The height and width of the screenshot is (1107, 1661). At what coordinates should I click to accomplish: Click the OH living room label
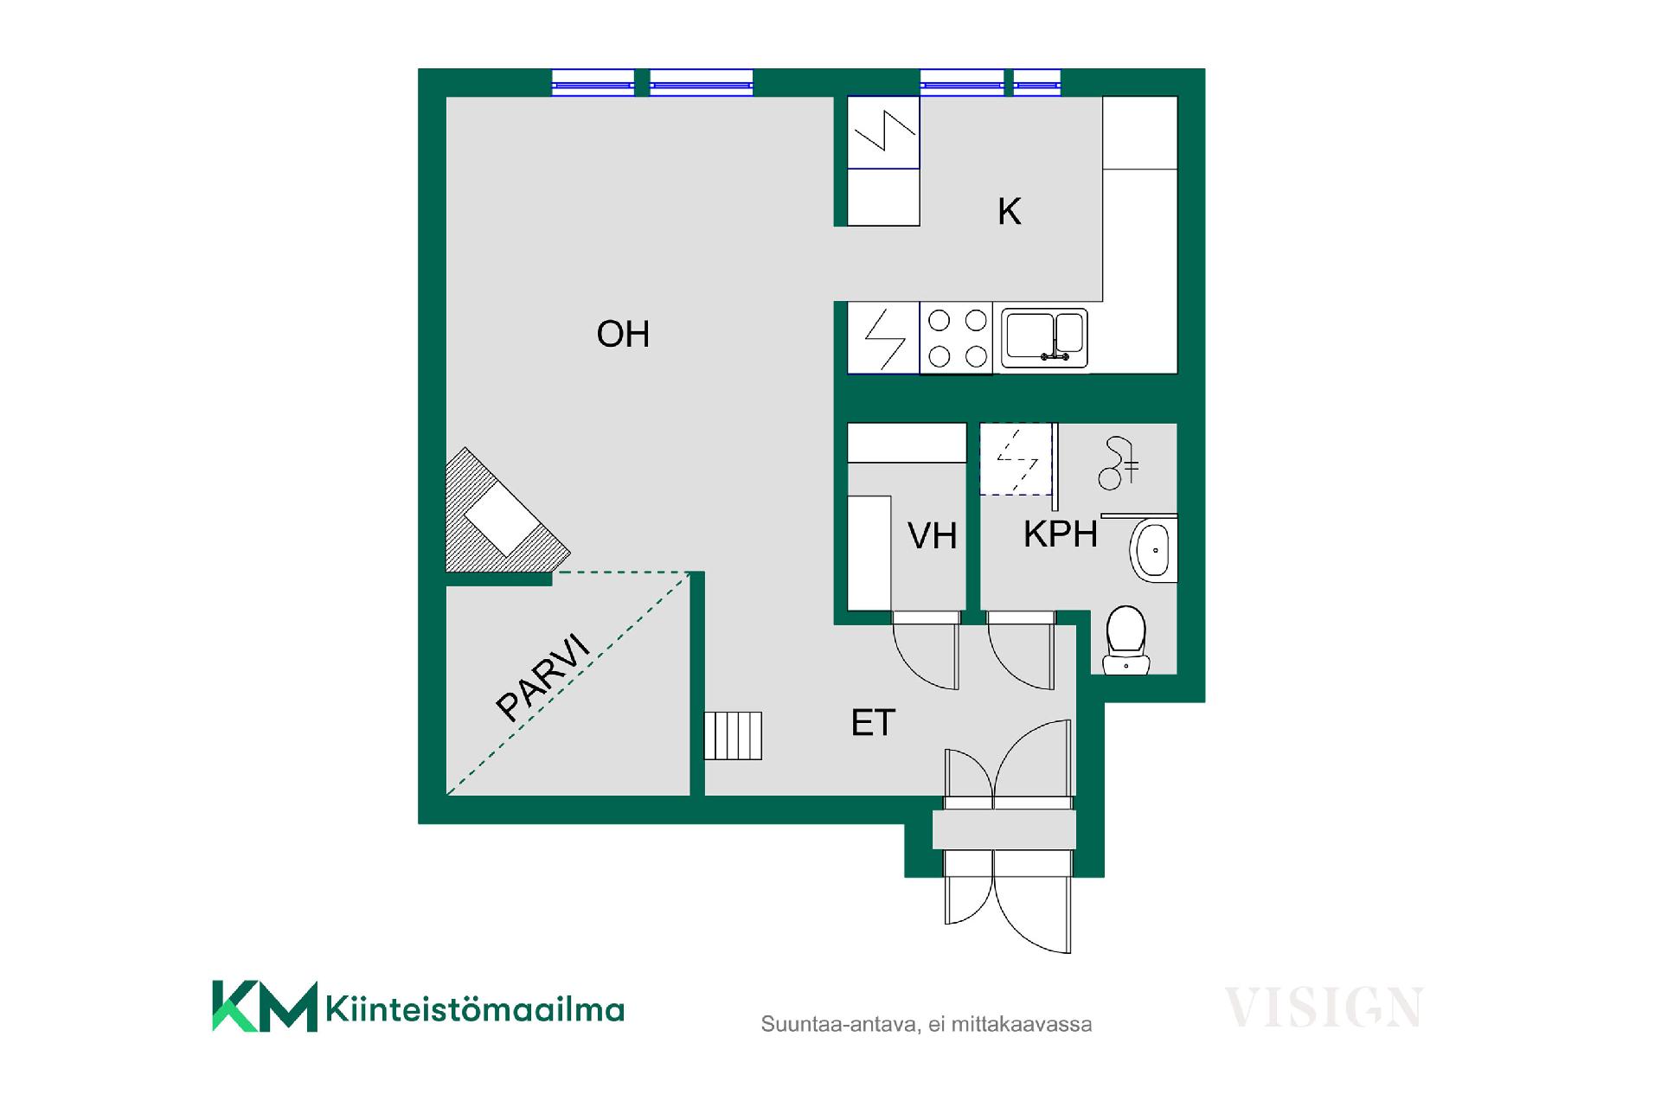click(623, 334)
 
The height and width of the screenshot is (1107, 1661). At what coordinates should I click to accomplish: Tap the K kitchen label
click(1010, 212)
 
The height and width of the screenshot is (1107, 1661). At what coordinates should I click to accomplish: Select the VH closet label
click(932, 536)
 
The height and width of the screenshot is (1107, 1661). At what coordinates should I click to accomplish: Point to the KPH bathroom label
click(1061, 534)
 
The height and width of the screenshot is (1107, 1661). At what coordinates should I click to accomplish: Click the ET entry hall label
click(873, 723)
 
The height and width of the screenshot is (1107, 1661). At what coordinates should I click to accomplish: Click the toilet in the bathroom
click(1126, 640)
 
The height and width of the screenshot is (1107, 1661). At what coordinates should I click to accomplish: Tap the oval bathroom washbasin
click(1153, 550)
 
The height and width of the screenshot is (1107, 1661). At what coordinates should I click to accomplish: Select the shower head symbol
click(1118, 464)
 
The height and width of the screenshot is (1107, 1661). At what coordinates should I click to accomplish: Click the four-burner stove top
click(957, 338)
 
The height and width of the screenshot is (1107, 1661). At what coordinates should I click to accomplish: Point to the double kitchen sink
click(1044, 338)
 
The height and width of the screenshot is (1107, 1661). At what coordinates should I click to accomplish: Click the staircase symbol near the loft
click(733, 736)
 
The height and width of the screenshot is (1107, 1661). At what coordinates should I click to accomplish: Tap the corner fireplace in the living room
click(499, 517)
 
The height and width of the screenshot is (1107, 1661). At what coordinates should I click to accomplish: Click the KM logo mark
click(265, 1007)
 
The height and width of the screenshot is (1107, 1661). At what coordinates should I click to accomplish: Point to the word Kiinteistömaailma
click(475, 1009)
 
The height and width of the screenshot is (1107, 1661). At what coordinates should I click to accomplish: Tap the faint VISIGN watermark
click(1324, 1008)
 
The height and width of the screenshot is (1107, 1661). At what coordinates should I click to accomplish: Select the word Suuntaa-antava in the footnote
click(838, 1025)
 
